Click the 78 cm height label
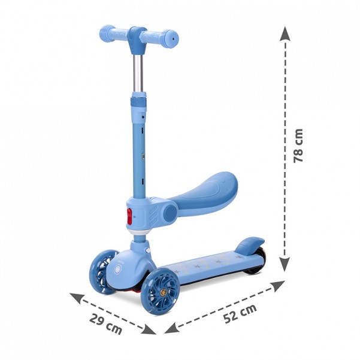point(298,146)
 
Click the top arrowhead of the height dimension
point(285,34)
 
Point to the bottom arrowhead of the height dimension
point(285,264)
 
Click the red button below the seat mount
point(129,216)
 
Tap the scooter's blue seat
point(202,190)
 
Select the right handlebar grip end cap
point(172,38)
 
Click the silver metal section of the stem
point(138,73)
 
